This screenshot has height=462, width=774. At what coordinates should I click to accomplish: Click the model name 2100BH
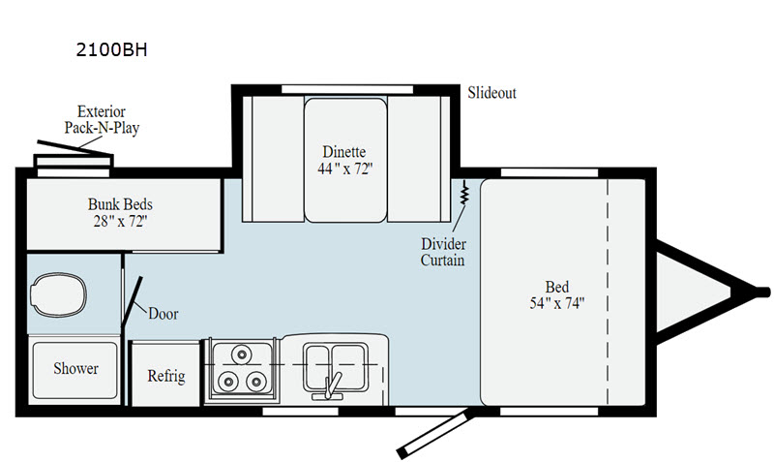[x=111, y=50]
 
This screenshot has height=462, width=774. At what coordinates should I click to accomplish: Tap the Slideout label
[x=491, y=93]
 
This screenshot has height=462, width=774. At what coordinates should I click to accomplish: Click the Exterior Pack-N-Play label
[x=102, y=119]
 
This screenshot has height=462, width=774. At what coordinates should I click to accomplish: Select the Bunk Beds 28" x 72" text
[x=120, y=212]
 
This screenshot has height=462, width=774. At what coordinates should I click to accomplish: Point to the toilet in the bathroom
[x=58, y=294]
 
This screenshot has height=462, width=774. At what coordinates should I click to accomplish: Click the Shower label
[x=75, y=369]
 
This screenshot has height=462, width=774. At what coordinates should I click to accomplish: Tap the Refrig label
[x=166, y=376]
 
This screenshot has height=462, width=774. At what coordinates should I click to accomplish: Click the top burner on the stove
[x=241, y=354]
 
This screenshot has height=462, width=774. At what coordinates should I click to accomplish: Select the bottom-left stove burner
[x=228, y=381]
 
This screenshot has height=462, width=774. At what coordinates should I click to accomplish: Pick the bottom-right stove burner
[x=256, y=381]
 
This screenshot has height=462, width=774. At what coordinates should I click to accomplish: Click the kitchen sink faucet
[x=331, y=385]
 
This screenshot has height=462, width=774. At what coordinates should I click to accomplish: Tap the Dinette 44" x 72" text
[x=344, y=160]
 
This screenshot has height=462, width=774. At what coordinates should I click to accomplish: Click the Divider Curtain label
[x=443, y=252]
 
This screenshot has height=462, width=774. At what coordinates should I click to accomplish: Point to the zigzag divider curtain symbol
[x=464, y=193]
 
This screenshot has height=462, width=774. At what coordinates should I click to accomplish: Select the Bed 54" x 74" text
[x=557, y=295]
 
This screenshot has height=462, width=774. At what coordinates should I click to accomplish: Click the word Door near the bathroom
[x=163, y=314]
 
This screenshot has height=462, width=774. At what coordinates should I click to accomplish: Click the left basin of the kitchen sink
[x=317, y=367]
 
